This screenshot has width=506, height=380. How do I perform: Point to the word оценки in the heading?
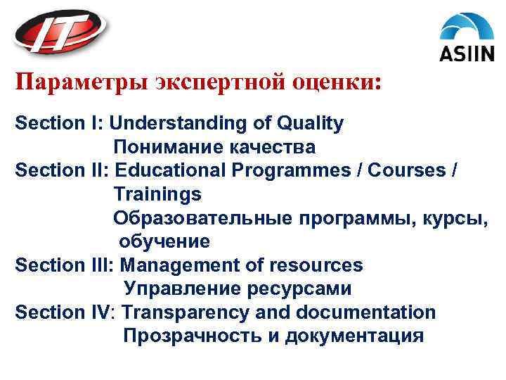coord(337,83)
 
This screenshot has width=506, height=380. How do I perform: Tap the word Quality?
coord(311,124)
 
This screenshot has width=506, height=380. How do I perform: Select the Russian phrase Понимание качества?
coord(214,147)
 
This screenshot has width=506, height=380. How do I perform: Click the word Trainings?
coord(157,194)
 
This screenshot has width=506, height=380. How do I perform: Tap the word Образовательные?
coord(202,217)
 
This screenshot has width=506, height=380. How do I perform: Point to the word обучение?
coord(164,241)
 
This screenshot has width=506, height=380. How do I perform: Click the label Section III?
coord(65,265)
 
